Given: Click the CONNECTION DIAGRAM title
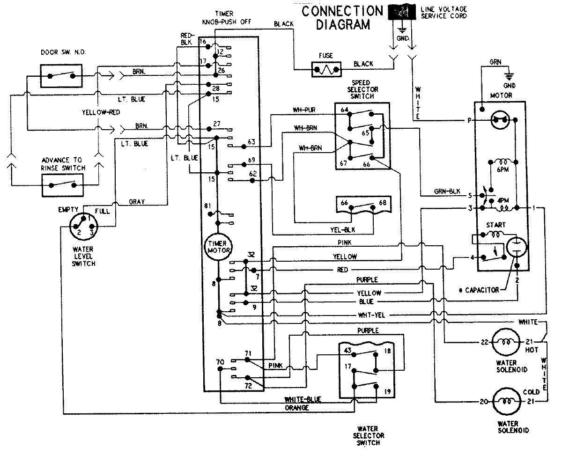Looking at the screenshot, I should [x=342, y=18].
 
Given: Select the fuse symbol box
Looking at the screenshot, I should [x=326, y=70].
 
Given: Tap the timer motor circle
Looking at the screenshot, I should [x=218, y=247].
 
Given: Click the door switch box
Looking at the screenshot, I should [x=61, y=74].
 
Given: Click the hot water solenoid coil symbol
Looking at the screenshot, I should [x=505, y=342].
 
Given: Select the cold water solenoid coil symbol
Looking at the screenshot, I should [x=505, y=401].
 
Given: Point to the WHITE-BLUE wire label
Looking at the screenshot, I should [x=303, y=399].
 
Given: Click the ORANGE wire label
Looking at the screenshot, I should [x=297, y=408].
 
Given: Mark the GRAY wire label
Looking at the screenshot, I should [x=137, y=202].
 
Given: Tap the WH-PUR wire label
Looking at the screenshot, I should [x=304, y=110].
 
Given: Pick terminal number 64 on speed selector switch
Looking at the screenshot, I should [x=345, y=110].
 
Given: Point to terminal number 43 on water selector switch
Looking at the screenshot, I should [x=348, y=351].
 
